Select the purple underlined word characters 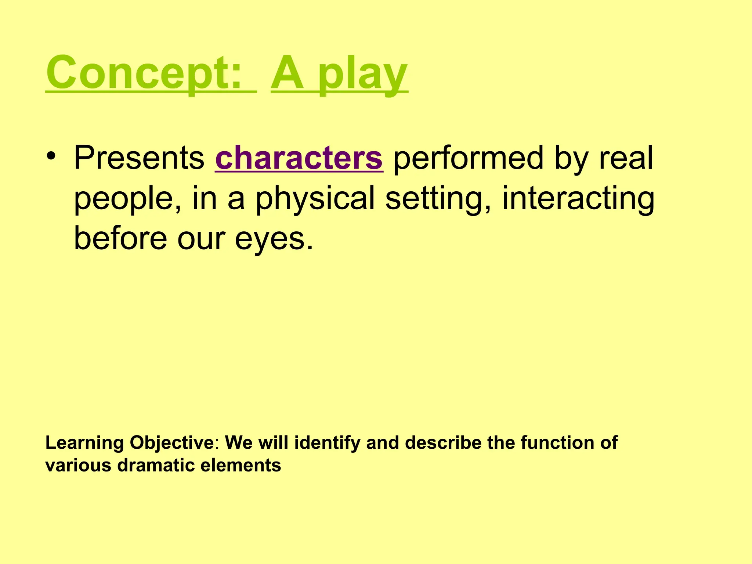tap(299, 158)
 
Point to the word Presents tap(139, 158)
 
